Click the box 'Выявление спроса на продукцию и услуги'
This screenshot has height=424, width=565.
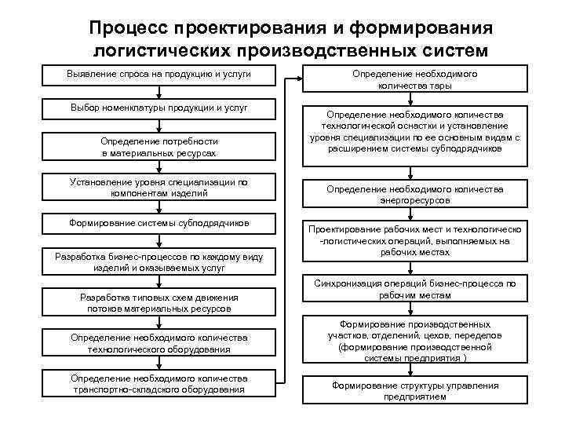tap(159, 75)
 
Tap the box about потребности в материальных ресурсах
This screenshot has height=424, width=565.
tap(159, 148)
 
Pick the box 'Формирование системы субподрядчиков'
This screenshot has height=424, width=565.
tap(159, 223)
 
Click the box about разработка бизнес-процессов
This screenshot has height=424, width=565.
tap(159, 261)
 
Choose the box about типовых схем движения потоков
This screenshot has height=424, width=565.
tap(159, 303)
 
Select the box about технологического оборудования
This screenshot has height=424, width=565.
tap(159, 343)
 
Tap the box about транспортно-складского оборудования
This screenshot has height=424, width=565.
tap(159, 383)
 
